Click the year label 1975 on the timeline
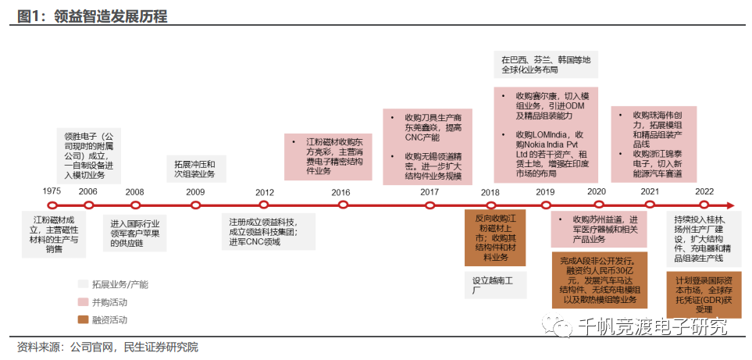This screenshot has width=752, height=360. pyautogui.click(x=52, y=191)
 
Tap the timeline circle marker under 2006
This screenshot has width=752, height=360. pyautogui.click(x=88, y=205)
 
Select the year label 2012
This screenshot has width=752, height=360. pyautogui.click(x=265, y=191)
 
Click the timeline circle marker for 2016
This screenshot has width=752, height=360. pyautogui.click(x=342, y=205)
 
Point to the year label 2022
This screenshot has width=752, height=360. pyautogui.click(x=704, y=191)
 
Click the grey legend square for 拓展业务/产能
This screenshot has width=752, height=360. pyautogui.click(x=82, y=283)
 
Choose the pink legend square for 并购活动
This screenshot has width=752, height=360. pyautogui.click(x=82, y=301)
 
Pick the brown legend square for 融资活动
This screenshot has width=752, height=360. pyautogui.click(x=82, y=319)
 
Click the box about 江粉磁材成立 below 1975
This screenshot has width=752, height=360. pyautogui.click(x=54, y=233)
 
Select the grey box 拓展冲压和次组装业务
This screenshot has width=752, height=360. pyautogui.click(x=195, y=169)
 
